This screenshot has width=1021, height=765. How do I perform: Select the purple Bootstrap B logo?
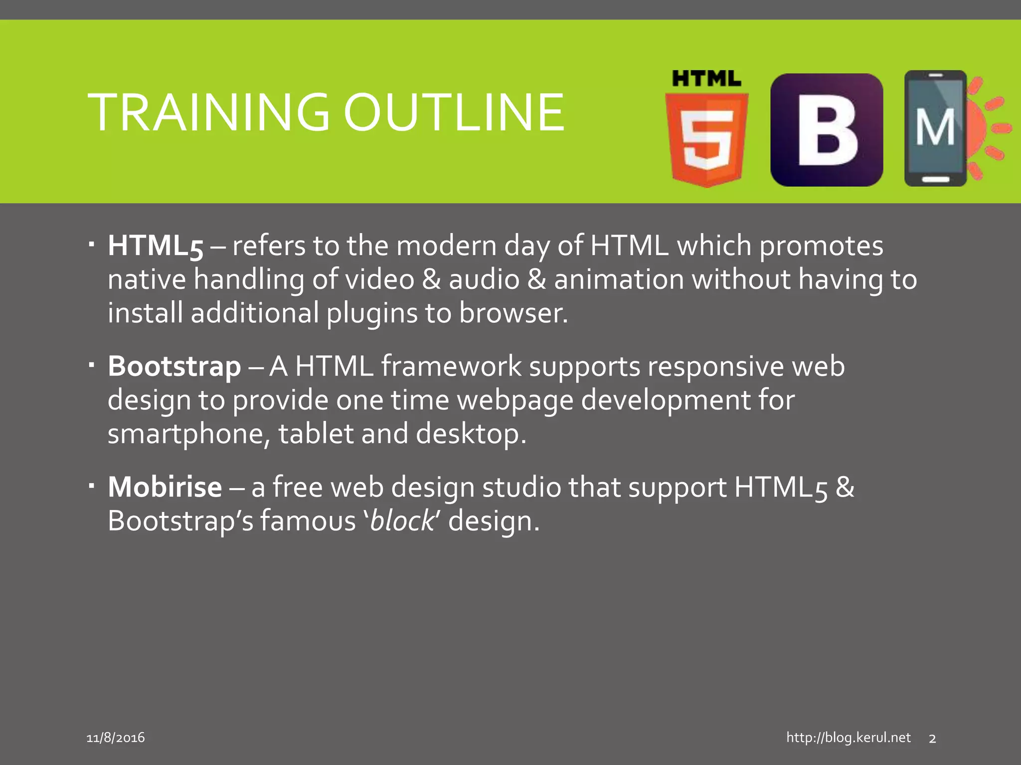click(x=827, y=130)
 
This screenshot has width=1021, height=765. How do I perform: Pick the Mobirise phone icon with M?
click(x=935, y=128)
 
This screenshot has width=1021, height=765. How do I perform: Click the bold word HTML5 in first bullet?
click(x=156, y=246)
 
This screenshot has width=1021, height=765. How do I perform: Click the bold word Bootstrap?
click(x=174, y=367)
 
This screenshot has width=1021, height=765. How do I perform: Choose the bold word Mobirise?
click(x=165, y=487)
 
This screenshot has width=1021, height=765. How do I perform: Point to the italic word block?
click(x=402, y=521)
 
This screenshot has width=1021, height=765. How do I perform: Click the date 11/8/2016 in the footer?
click(x=116, y=738)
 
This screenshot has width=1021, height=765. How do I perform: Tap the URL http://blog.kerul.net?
click(x=848, y=738)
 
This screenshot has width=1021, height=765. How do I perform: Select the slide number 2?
click(x=932, y=739)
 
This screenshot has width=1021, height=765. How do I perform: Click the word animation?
click(x=619, y=279)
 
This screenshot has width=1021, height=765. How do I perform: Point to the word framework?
click(x=451, y=367)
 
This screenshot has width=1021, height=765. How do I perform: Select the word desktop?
click(x=470, y=434)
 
